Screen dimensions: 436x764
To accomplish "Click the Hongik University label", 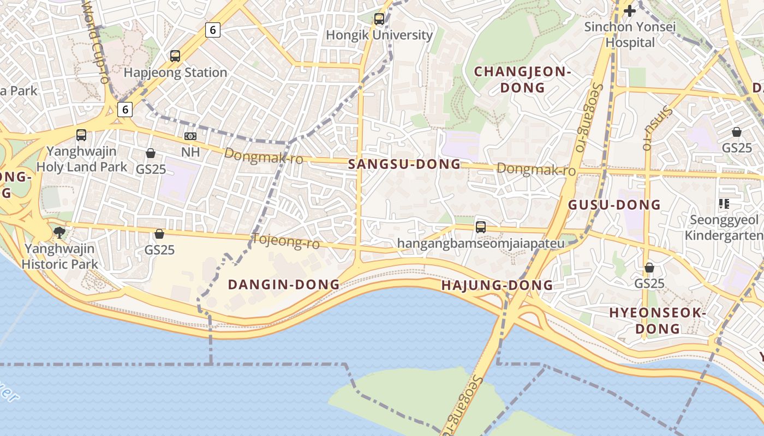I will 379,35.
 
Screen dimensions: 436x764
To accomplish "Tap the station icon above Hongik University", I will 379,19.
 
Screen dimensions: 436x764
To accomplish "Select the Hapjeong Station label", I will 175,72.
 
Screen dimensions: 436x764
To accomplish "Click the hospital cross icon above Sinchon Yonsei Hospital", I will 630,10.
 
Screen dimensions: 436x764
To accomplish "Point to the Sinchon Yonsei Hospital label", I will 630,34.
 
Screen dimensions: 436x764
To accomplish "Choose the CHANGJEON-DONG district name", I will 522,80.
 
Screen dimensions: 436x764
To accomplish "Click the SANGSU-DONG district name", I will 404,165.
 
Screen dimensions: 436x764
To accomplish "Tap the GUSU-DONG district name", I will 614,205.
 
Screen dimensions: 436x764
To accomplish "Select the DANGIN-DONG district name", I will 283,284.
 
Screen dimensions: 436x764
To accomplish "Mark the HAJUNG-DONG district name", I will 497,286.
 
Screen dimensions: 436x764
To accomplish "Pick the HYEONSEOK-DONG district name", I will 658,321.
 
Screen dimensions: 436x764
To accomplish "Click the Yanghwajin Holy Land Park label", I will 81,159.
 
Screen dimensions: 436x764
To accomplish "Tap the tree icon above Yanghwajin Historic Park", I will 59,233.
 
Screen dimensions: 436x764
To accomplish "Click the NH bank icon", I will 190,136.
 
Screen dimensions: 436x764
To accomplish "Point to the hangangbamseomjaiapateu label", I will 481,243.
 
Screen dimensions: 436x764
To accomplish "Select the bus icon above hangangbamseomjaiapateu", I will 481,227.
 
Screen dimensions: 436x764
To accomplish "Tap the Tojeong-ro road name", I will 285,241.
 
